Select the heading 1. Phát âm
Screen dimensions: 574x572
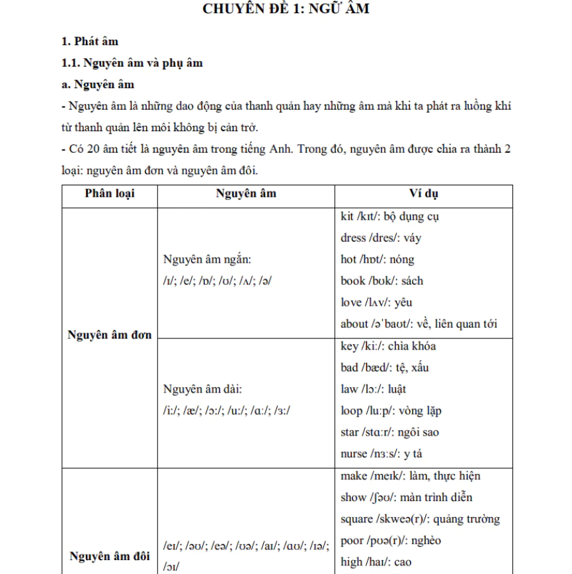[90, 42]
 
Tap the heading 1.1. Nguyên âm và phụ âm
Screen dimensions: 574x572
[132, 63]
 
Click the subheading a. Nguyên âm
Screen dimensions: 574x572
[97, 84]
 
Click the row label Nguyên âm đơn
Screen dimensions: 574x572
[110, 335]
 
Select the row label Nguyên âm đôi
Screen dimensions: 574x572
[110, 556]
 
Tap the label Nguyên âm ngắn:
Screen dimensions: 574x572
[207, 259]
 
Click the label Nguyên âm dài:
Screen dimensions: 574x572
[203, 389]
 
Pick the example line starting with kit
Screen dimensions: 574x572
[389, 216]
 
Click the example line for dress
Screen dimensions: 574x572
[380, 238]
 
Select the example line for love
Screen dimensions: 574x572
[376, 303]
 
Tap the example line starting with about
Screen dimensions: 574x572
[419, 324]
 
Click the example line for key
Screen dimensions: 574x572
[388, 346]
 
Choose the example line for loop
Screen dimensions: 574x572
[391, 410]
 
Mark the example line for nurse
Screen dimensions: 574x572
[382, 454]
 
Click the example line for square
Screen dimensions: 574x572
[420, 518]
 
